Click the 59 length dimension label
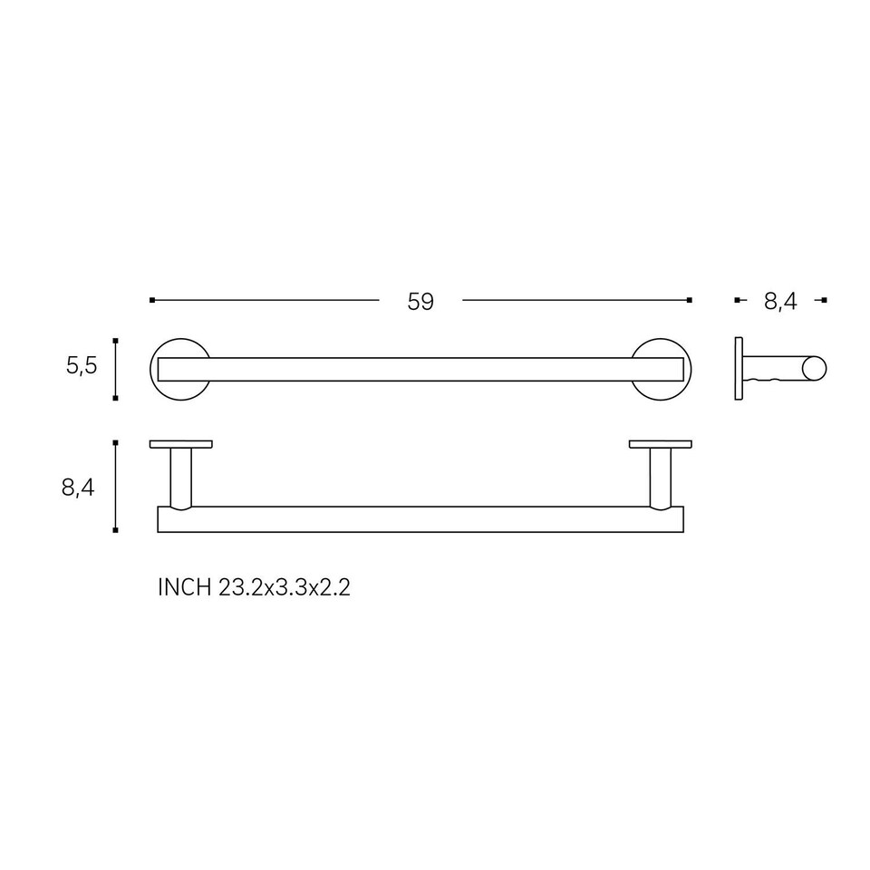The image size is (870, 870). (x=420, y=302)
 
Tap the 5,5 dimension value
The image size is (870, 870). (x=81, y=367)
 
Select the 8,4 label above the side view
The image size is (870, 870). (x=779, y=302)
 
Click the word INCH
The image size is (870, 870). (x=185, y=587)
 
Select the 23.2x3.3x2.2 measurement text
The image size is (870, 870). (x=285, y=587)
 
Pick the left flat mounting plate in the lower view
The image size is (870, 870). (x=181, y=444)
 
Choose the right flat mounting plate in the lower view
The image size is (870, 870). (x=661, y=444)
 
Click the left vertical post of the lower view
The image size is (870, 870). (x=181, y=477)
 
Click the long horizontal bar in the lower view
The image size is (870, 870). (x=420, y=519)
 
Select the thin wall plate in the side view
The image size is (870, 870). (x=739, y=369)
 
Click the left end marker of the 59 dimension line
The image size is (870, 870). (x=152, y=300)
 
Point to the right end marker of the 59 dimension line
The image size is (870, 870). (x=690, y=300)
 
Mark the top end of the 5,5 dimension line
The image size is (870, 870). (x=115, y=341)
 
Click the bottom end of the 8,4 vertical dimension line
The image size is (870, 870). (x=115, y=530)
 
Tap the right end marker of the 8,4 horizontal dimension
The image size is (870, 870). (x=825, y=300)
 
